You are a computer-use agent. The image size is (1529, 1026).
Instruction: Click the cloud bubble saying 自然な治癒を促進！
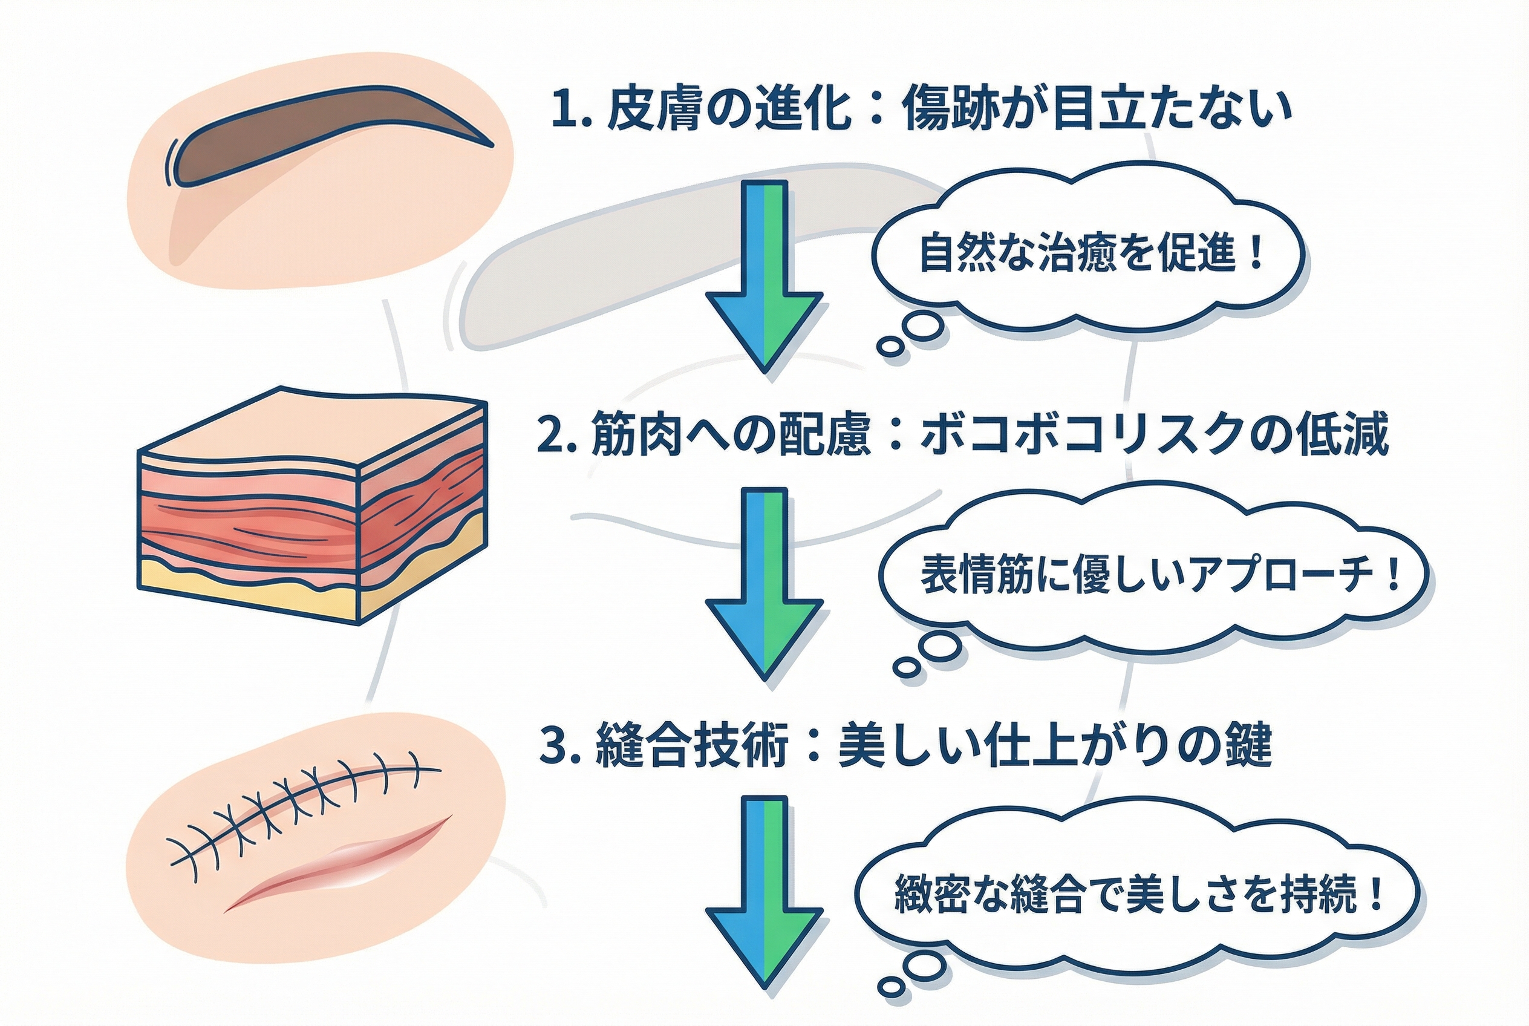1089,254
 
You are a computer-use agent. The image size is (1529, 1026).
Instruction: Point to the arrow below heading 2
764,586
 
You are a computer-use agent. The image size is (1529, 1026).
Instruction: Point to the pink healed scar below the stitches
340,864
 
